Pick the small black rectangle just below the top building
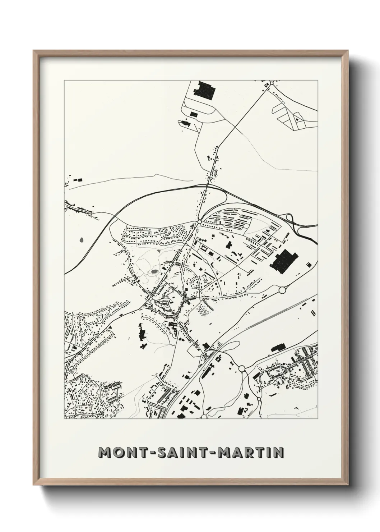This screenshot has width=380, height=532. tap(194, 114)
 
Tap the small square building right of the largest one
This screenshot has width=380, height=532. tap(308, 265)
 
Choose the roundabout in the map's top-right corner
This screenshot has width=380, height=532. tap(272, 83)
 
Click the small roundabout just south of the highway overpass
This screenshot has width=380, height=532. tap(199, 222)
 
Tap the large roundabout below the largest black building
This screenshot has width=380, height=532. tap(282, 289)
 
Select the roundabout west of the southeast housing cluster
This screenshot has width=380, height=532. tap(242, 368)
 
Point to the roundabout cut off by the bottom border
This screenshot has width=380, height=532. tap(204, 417)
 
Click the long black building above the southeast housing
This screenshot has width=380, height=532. tap(278, 348)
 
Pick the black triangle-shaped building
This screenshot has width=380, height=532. tap(110, 326)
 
